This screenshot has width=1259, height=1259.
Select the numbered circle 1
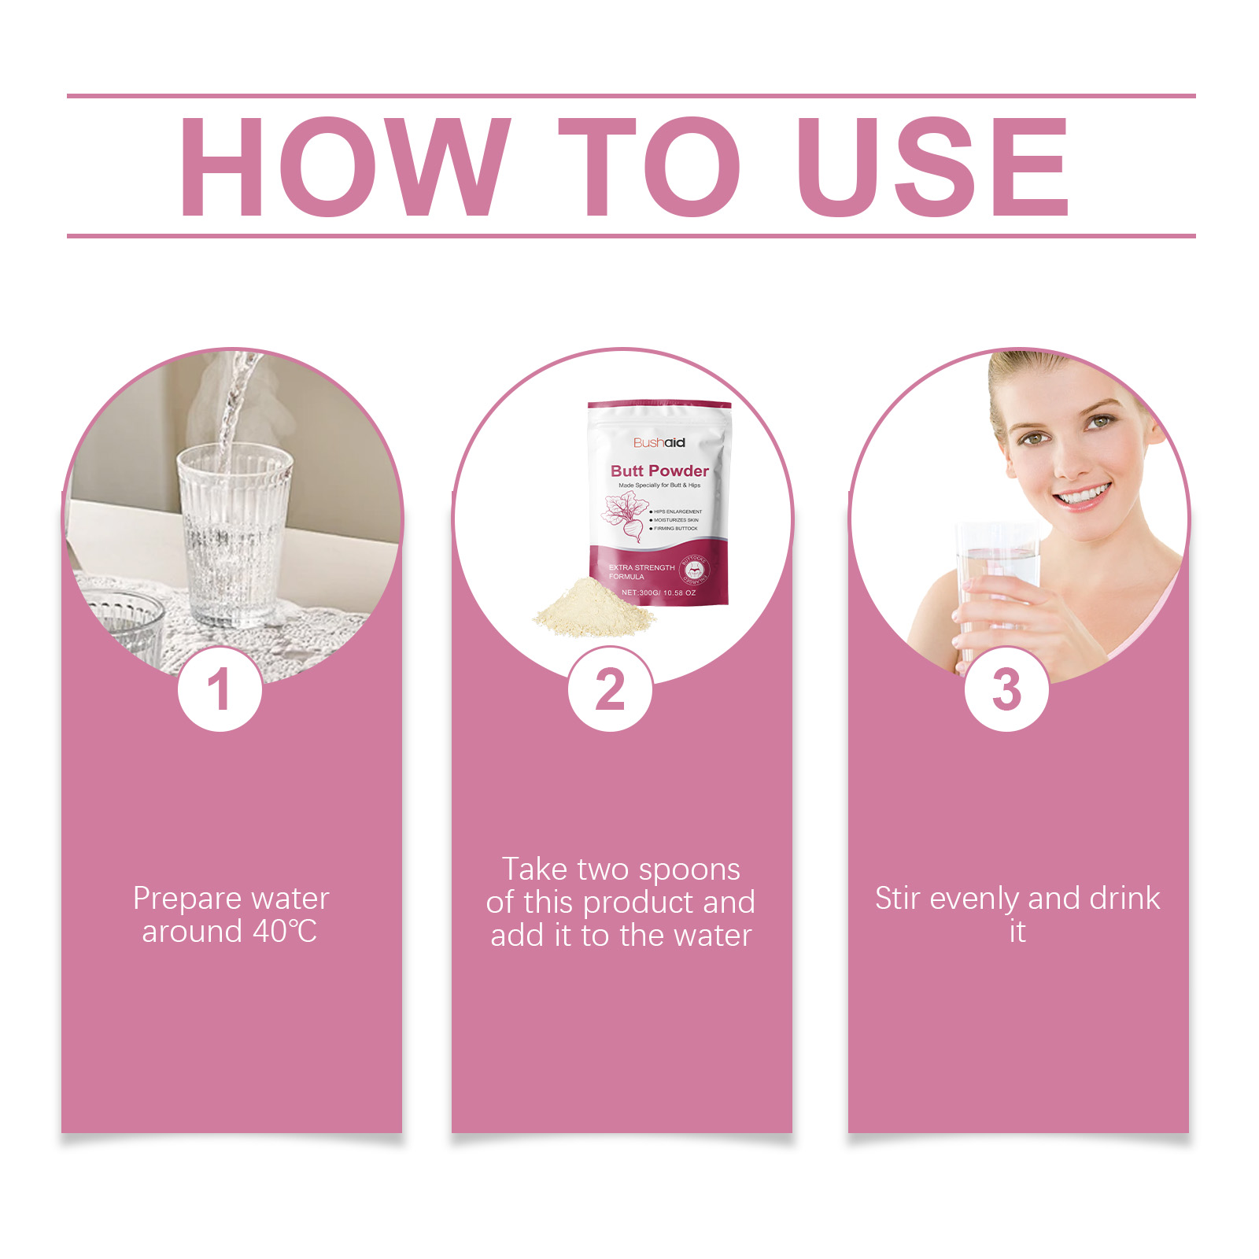click(x=220, y=690)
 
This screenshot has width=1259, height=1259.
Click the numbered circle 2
click(x=610, y=690)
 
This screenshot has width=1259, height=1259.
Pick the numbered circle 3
click(x=1006, y=690)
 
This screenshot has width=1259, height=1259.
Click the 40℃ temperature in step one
click(x=284, y=932)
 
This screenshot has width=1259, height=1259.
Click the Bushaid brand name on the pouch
click(x=659, y=443)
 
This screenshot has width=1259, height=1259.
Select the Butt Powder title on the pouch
click(x=659, y=471)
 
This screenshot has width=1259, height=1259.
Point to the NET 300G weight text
click(x=658, y=593)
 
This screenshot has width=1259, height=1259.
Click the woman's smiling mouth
click(x=1083, y=496)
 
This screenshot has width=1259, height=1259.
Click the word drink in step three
click(x=1124, y=899)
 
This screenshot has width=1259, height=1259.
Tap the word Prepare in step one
click(x=186, y=899)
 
